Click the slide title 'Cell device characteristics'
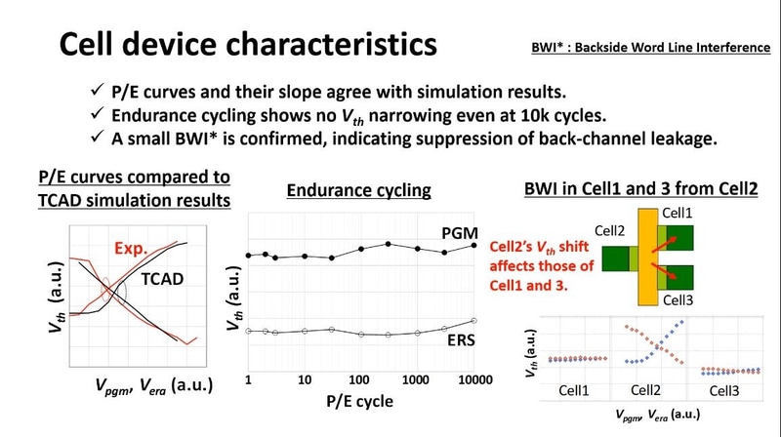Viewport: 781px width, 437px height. pyautogui.click(x=249, y=45)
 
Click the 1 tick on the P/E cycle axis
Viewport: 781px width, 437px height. pyautogui.click(x=249, y=378)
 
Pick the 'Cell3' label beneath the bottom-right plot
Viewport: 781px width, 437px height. pyautogui.click(x=725, y=391)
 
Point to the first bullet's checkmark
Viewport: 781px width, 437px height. pyautogui.click(x=96, y=93)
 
